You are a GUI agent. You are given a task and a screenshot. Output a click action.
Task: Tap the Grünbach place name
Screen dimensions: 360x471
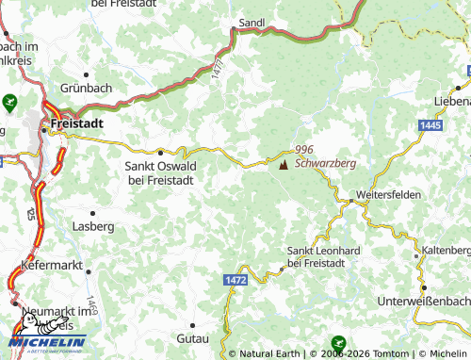(87, 89)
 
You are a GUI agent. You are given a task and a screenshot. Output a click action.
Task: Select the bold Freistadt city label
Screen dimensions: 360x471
(78, 123)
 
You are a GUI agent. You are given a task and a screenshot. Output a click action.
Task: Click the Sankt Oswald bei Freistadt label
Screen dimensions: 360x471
(160, 172)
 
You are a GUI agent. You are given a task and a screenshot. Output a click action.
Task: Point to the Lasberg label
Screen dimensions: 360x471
(93, 227)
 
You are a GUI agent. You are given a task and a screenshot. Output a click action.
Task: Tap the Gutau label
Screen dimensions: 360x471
(192, 336)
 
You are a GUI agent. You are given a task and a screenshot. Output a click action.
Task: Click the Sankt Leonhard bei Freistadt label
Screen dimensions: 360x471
(323, 255)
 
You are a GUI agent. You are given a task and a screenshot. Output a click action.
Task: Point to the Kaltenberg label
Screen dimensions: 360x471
(446, 250)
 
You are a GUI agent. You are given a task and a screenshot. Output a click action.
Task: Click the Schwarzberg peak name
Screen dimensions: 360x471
(325, 163)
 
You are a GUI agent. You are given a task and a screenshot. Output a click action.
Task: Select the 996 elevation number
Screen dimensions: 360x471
(303, 150)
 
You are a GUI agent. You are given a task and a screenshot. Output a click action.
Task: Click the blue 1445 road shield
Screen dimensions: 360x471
(431, 125)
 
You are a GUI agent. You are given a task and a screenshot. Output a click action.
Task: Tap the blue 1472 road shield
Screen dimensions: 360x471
(235, 280)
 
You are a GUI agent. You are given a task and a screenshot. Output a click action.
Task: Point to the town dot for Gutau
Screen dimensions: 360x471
(192, 323)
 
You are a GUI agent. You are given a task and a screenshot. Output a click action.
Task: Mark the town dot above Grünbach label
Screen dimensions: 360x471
(87, 74)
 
